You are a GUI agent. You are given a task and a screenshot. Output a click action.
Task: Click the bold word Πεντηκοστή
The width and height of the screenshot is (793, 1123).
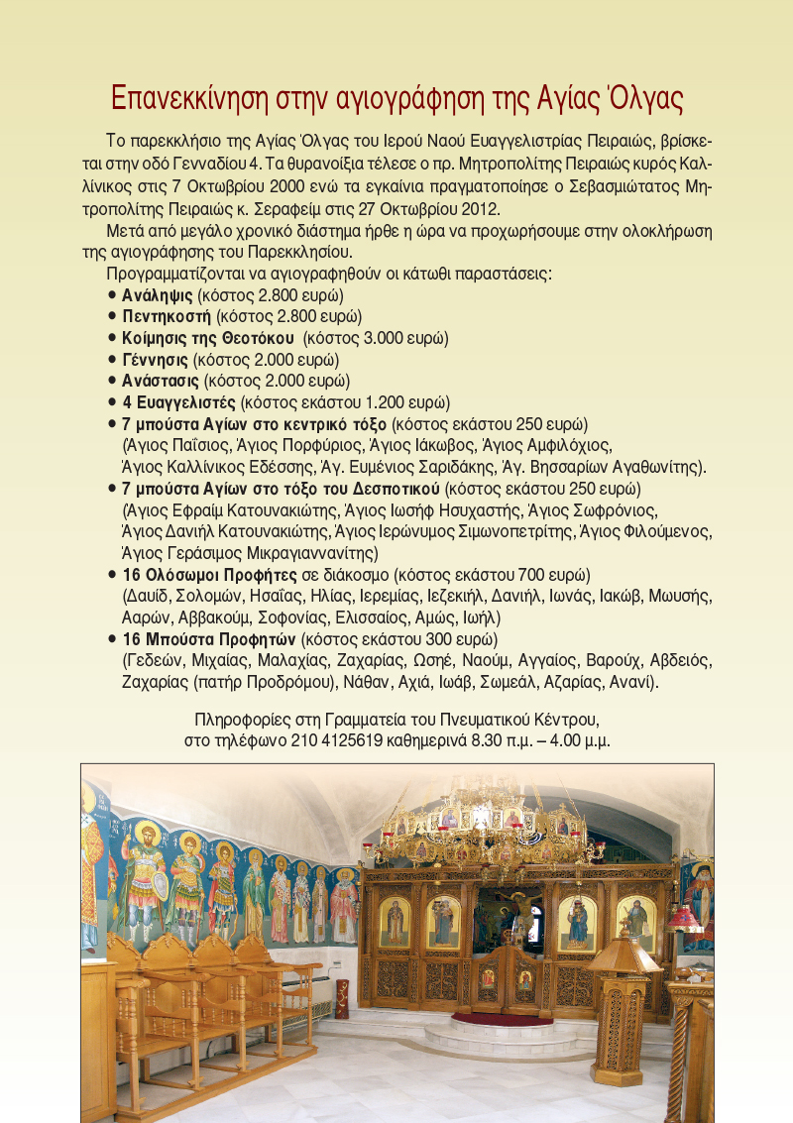tap(167, 316)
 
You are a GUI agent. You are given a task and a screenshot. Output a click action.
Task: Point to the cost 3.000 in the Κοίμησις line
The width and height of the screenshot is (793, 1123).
tap(394, 338)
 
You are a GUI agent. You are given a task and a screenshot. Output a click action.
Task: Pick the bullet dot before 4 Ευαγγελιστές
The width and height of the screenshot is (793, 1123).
tap(113, 401)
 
